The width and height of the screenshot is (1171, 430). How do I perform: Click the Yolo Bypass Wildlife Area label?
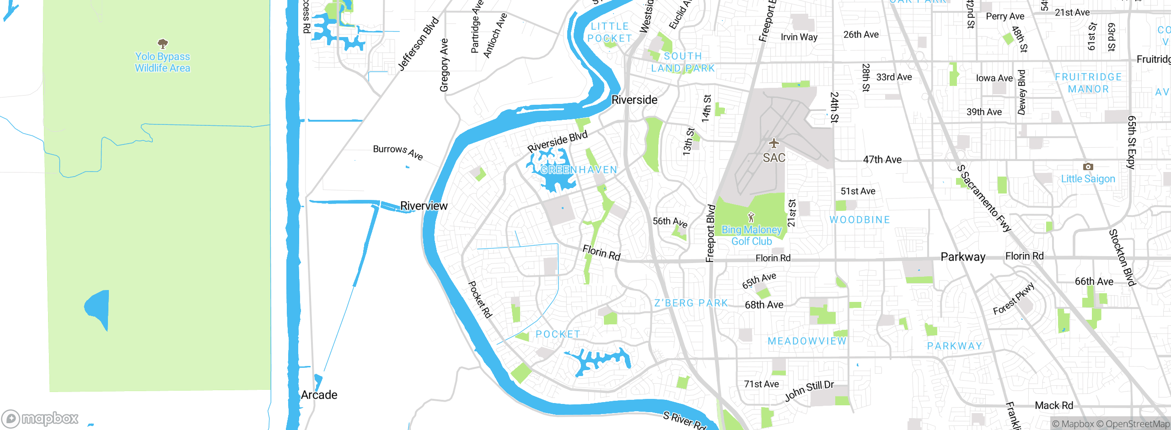(162, 62)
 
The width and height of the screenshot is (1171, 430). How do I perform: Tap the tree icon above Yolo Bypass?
(162, 44)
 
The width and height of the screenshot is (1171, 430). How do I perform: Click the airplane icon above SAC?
(774, 143)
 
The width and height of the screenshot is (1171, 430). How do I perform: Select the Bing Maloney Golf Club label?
(752, 236)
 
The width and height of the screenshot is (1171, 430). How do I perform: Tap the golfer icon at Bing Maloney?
(751, 217)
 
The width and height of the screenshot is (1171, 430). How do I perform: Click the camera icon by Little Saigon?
(1088, 167)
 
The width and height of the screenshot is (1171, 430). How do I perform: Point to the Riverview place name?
(424, 206)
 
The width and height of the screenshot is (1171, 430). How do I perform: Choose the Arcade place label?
(319, 395)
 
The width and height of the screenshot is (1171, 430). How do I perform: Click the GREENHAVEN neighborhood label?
(579, 170)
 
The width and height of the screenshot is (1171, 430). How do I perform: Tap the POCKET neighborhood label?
(558, 334)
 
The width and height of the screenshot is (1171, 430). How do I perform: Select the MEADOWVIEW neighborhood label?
(807, 341)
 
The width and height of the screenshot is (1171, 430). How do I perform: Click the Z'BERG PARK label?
(691, 303)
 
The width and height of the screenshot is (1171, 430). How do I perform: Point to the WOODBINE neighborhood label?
(859, 220)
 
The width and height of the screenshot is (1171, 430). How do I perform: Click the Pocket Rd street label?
(480, 300)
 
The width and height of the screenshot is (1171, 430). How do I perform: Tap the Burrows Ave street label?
(397, 152)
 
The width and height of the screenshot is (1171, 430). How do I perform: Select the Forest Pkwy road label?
(1013, 299)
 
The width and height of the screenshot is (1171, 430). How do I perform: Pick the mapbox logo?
(40, 418)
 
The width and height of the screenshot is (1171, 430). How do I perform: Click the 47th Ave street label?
(882, 160)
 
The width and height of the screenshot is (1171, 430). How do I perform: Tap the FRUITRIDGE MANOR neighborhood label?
(1088, 83)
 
